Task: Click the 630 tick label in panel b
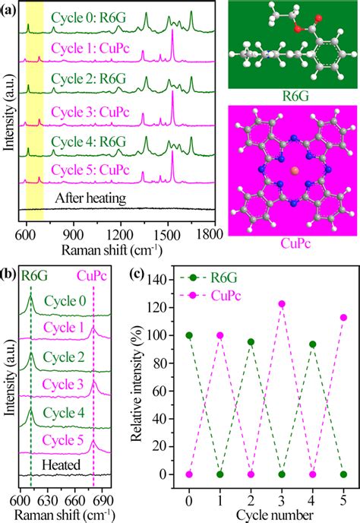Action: pyautogui.click(x=47, y=499)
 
